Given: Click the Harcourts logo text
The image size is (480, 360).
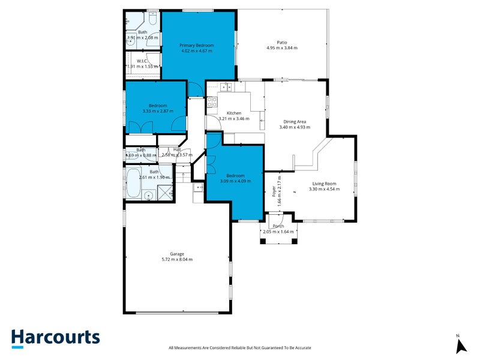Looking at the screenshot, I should [55, 337].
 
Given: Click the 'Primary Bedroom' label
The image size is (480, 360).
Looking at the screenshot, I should [197, 45].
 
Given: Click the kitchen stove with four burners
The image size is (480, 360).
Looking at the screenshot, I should [211, 102].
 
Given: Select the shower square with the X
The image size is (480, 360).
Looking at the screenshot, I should [163, 193].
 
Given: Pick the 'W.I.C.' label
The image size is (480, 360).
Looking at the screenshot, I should [142, 61].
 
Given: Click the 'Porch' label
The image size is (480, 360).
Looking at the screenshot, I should [278, 226].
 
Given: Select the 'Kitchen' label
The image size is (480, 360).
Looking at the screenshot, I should [233, 113].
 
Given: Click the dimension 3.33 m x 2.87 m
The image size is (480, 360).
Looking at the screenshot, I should [158, 111].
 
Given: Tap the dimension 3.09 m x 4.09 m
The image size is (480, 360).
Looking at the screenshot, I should [235, 181].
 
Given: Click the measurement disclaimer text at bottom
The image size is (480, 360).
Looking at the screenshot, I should [240, 347].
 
